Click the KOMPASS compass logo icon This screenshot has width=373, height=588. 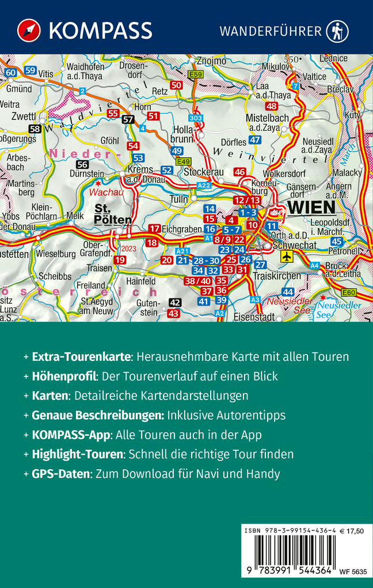[26, 30]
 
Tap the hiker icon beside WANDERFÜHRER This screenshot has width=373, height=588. [337, 31]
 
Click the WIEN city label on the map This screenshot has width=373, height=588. [311, 208]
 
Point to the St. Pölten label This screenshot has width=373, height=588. [113, 214]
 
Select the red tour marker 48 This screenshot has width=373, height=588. [272, 106]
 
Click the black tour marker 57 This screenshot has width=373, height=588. [128, 119]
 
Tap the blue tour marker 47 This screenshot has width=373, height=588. [255, 141]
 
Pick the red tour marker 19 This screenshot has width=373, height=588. [119, 260]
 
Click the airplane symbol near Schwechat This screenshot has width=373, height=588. [287, 256]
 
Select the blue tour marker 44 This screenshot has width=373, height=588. [288, 292]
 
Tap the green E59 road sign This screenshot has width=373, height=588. [196, 74]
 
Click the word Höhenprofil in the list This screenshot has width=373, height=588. [63, 376]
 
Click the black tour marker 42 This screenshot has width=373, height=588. [176, 303]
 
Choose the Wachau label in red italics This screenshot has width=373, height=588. [109, 193]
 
